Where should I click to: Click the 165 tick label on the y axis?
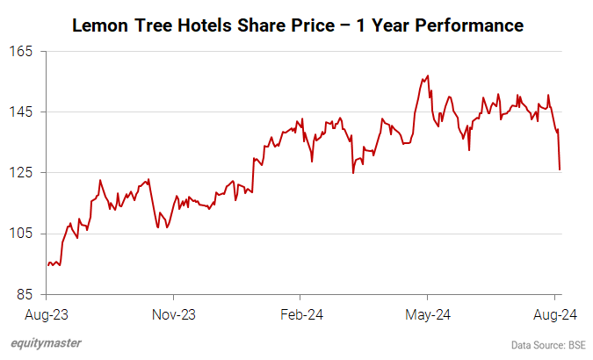21,52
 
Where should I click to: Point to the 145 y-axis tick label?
21,112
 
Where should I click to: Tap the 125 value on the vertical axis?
21,173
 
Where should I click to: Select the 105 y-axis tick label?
21,234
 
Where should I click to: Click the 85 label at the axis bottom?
25,294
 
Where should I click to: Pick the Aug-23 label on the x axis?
47,313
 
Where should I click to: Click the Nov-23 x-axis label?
173,313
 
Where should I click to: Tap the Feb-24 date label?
299,313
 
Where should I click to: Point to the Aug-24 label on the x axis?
556,313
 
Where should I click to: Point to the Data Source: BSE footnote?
547,344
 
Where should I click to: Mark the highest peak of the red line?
427,76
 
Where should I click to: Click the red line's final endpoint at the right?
560,169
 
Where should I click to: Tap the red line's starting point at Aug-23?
47,264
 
